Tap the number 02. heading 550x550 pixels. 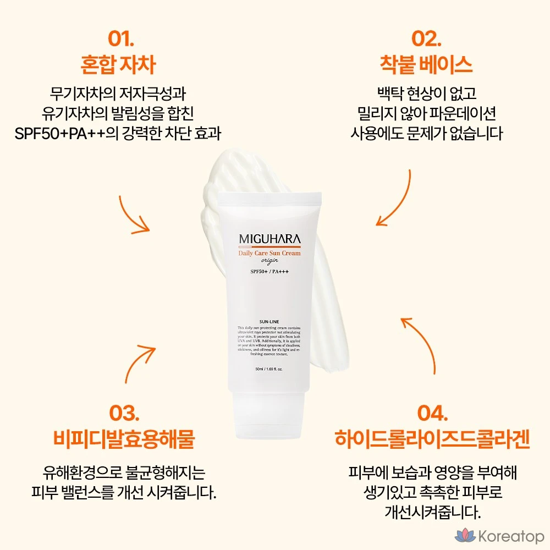click(426, 40)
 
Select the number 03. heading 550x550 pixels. click(124, 414)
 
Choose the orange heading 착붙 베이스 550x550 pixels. click(426, 65)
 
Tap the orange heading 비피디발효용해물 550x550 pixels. click(124, 439)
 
